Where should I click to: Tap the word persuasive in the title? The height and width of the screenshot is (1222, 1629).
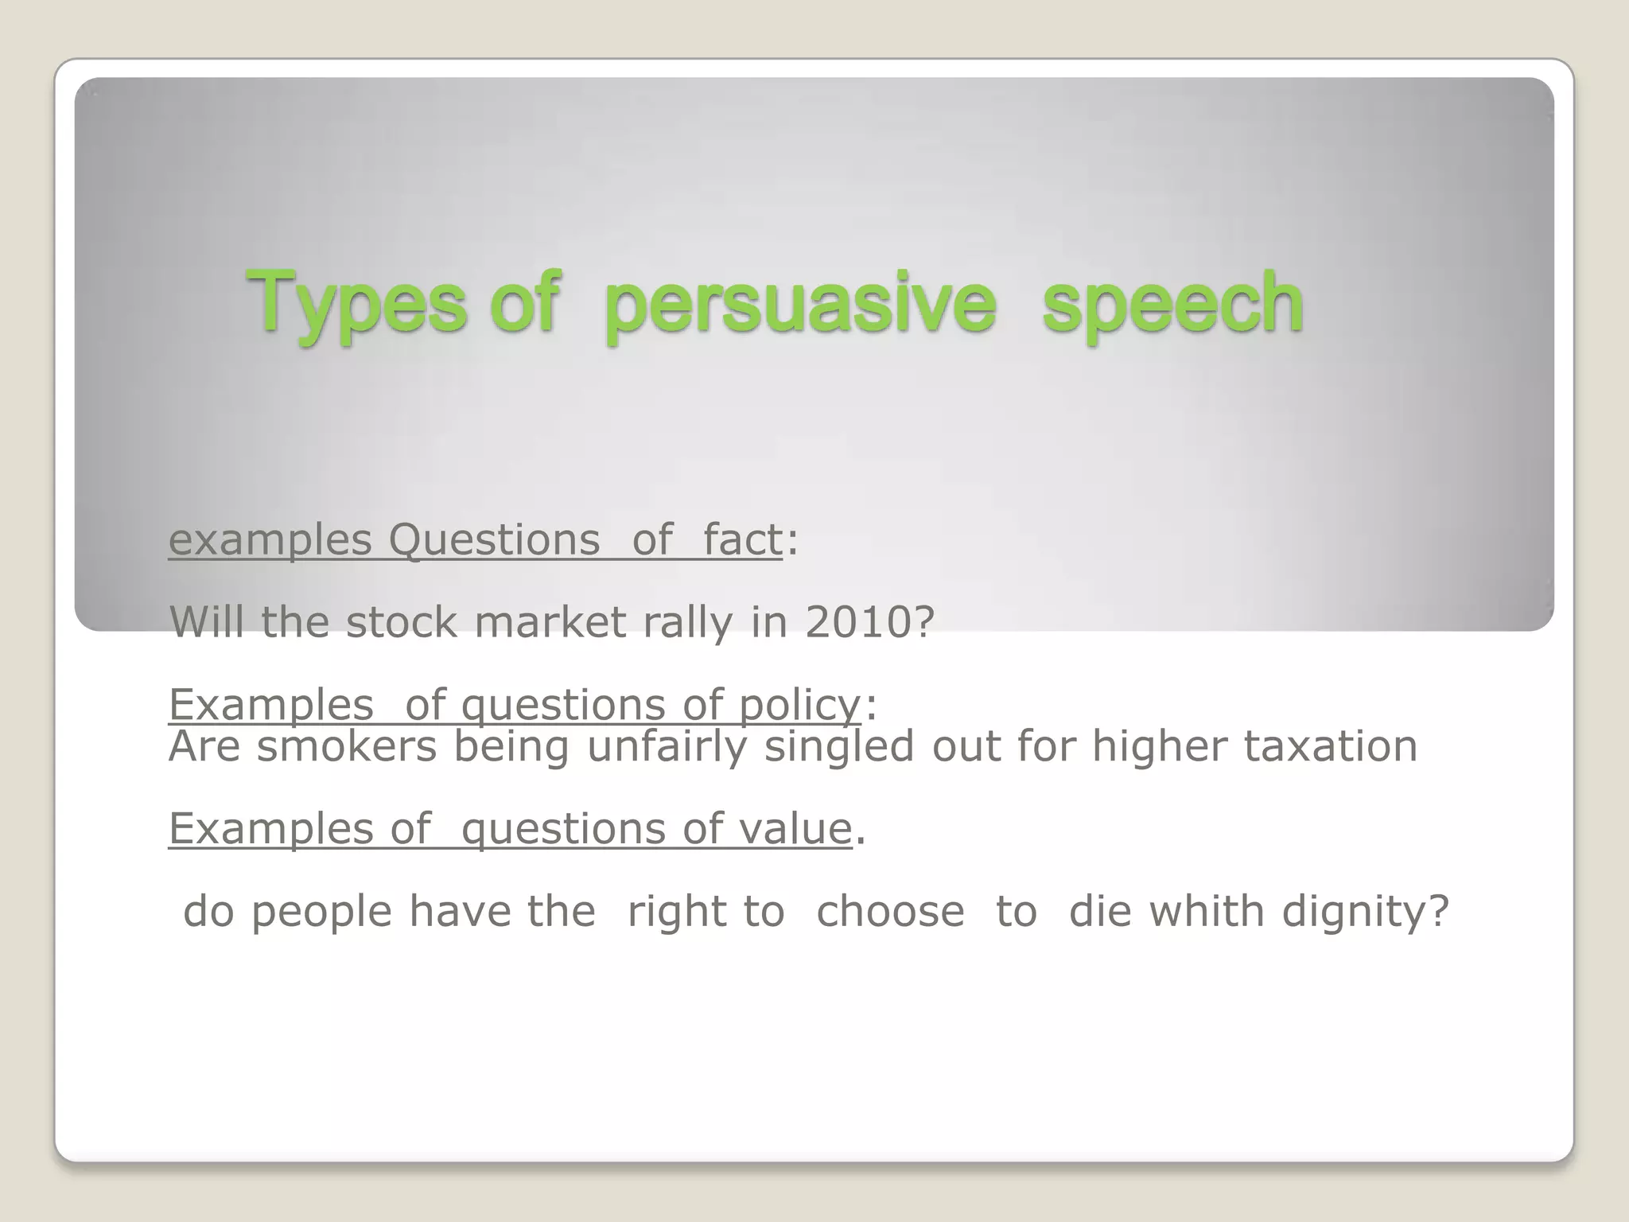click(x=799, y=303)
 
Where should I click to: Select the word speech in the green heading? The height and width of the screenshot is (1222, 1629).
click(x=1172, y=303)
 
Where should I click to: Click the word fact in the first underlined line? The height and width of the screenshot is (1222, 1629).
click(x=742, y=539)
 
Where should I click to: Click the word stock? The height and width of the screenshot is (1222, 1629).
click(x=402, y=622)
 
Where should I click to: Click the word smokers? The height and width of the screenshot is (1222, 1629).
click(x=346, y=746)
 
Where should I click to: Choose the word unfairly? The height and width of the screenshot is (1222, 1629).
click(x=667, y=746)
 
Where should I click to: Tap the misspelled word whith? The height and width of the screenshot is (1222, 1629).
click(x=1206, y=911)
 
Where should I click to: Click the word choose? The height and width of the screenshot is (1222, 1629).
click(x=890, y=911)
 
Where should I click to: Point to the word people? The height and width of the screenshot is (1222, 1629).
click(x=321, y=911)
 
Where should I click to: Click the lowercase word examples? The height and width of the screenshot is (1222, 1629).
click(x=270, y=539)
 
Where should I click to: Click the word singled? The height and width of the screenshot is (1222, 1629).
click(x=839, y=746)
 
